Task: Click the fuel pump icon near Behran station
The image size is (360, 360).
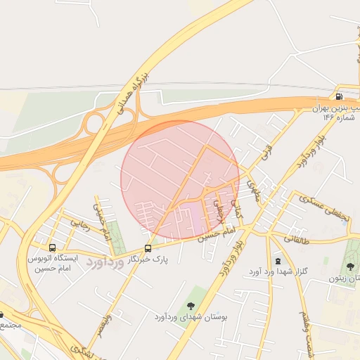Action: tap(340, 96)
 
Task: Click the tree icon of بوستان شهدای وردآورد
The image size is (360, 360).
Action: tap(190, 304)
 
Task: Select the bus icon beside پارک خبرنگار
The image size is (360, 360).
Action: tap(148, 248)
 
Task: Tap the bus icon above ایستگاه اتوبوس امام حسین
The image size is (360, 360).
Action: tap(52, 247)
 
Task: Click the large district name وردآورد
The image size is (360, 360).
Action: tap(105, 262)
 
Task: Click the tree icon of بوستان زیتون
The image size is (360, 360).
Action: tap(350, 266)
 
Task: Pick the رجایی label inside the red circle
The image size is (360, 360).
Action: tap(219, 211)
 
